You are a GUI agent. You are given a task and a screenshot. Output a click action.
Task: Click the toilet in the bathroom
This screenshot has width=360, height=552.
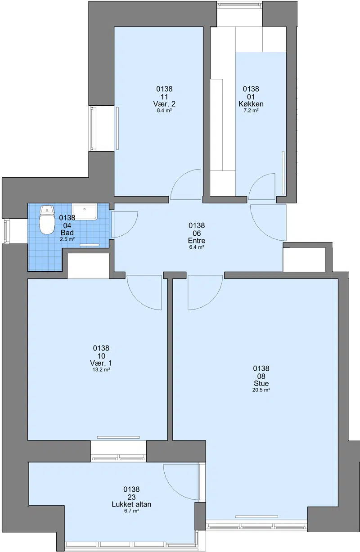coord(47,220)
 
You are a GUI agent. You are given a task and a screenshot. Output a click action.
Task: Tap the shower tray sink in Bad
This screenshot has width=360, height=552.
coord(85,211)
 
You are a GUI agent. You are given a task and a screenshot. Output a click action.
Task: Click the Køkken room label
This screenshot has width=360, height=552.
coord(251,104)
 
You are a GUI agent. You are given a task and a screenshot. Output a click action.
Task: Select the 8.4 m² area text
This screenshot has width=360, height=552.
coord(164,111)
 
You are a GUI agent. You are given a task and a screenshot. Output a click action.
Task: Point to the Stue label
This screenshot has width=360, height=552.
coord(261,383)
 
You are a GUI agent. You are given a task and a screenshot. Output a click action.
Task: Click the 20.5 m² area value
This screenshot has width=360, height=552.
coord(261,390)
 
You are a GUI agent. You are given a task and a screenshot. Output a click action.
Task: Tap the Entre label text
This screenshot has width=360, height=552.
coord(197,241)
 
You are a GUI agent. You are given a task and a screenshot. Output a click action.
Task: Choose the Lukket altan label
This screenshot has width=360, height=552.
coord(131,504)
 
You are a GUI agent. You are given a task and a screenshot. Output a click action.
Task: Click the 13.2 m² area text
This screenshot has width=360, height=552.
coord(101,370)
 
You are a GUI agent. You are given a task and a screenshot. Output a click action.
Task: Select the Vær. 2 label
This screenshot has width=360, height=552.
coord(164,104)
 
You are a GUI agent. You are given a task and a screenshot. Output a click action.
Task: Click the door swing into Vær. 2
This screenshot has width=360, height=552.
coord(185,184)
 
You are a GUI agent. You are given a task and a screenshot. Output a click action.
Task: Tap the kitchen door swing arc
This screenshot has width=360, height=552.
coord(261,186)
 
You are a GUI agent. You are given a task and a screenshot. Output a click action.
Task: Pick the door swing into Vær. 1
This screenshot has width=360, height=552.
coord(144,292)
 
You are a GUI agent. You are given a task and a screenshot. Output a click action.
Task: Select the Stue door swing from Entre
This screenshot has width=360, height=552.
coord(205,292)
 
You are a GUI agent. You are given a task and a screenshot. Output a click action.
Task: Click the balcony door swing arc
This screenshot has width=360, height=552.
coord(181,482)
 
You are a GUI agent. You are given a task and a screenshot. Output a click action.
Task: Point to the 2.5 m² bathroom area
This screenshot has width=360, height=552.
coord(67,239)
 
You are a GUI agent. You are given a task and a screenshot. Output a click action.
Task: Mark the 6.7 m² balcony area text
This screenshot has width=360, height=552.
coord(131,511)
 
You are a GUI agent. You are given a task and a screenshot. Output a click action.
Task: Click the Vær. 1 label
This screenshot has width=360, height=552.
coord(101,363)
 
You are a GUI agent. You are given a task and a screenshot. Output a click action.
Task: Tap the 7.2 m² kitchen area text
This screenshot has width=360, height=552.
coord(251,111)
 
